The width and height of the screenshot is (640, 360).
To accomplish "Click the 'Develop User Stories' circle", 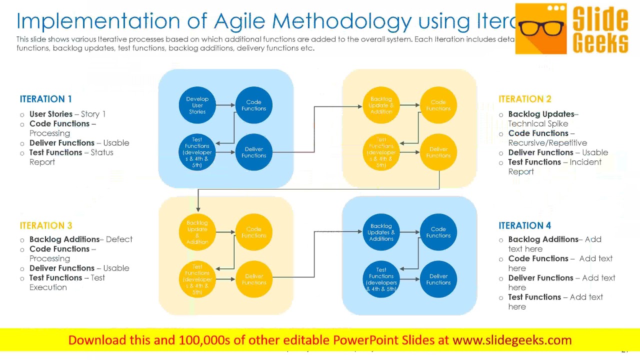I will click(197, 105).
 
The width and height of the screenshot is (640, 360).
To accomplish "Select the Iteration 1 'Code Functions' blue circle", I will click(253, 105).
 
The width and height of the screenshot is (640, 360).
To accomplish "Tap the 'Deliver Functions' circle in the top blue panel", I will click(253, 152).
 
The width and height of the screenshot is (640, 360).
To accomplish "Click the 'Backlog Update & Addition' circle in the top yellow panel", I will click(381, 105).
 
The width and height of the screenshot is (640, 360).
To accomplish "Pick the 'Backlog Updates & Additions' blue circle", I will click(381, 232).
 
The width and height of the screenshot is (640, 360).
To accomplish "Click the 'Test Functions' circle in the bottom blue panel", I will click(381, 279).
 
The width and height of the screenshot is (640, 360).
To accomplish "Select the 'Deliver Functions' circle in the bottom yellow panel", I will click(253, 279).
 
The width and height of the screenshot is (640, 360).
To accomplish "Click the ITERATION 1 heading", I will click(45, 99).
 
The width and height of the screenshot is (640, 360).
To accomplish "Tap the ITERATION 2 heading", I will click(524, 99).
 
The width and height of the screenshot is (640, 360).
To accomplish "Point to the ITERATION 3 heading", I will click(45, 225).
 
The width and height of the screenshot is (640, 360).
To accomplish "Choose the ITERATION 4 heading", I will click(524, 225).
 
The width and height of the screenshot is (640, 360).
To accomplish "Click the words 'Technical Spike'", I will click(538, 123).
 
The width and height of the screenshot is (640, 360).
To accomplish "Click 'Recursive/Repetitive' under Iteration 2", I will click(547, 143).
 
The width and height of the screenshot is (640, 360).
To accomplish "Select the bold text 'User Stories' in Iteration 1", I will click(51, 114).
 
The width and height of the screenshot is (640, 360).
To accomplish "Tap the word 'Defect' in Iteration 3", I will click(119, 239).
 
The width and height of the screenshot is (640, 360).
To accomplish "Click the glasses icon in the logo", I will click(541, 27).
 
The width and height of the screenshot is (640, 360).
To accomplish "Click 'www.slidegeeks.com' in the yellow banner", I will click(511, 340).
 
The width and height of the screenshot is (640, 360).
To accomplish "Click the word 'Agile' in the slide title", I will click(240, 21).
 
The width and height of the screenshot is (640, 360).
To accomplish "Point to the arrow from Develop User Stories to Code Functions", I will click(225, 105).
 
